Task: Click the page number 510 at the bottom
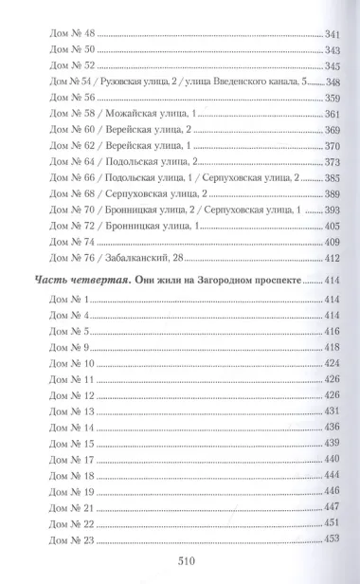click(179, 560)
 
